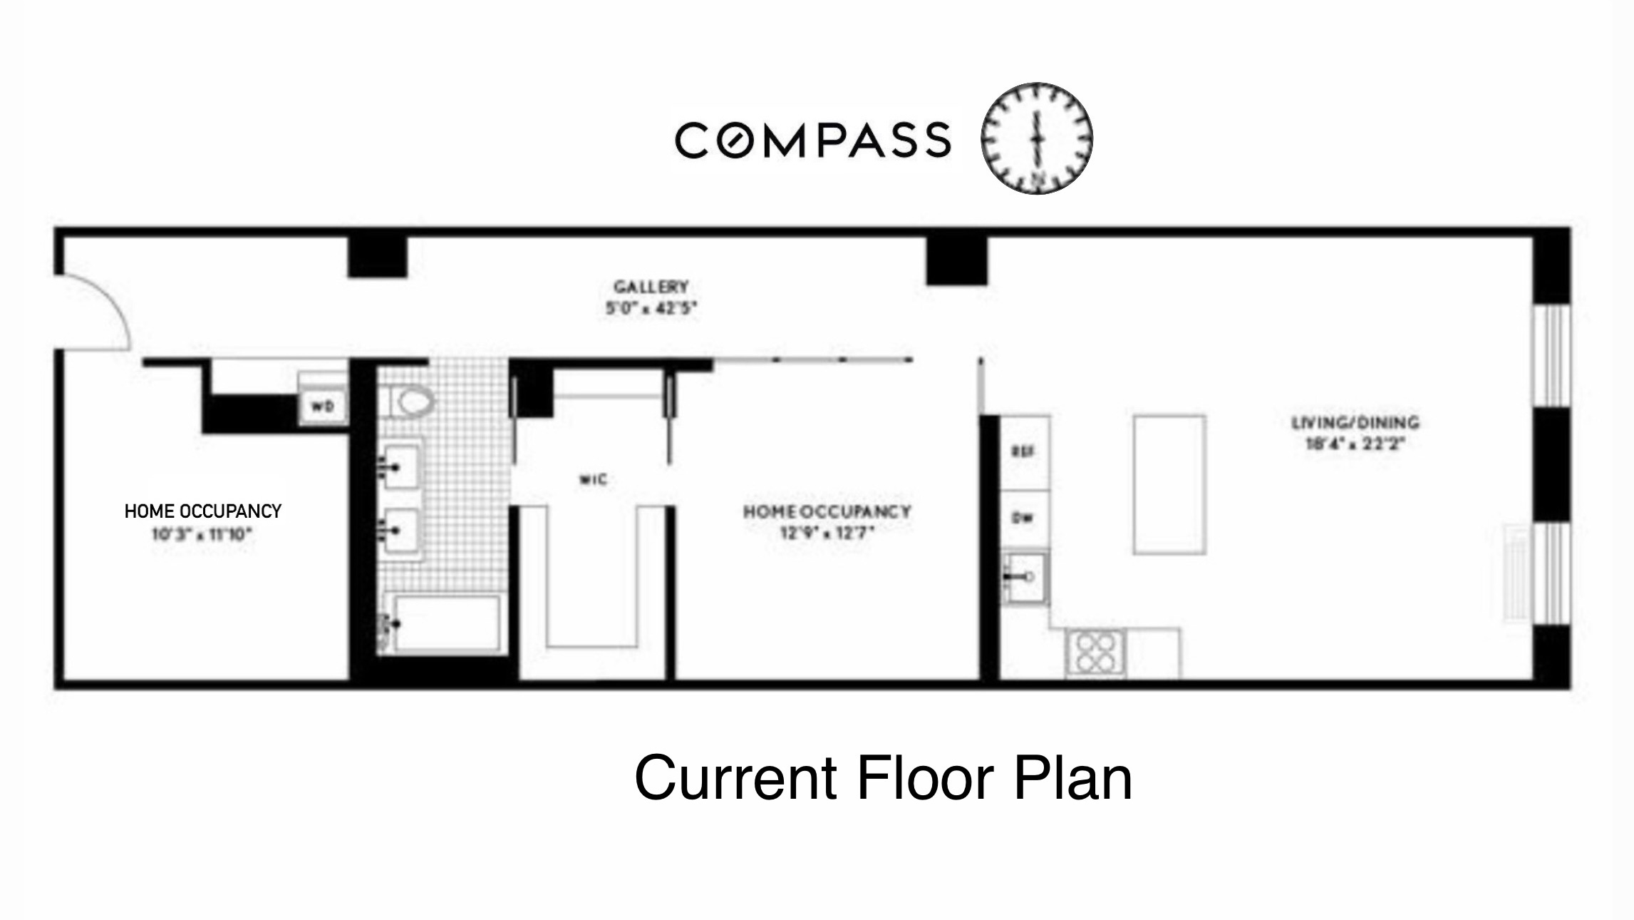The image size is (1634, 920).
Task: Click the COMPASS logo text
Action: pyautogui.click(x=812, y=140)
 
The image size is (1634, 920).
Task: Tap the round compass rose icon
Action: pyautogui.click(x=1036, y=138)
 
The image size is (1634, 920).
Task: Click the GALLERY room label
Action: pyautogui.click(x=651, y=287)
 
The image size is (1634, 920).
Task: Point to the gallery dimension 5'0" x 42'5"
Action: pyautogui.click(x=651, y=308)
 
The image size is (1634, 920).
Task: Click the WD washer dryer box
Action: pyautogui.click(x=323, y=407)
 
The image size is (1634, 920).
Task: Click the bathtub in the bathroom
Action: pyautogui.click(x=445, y=623)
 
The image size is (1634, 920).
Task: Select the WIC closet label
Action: pyautogui.click(x=593, y=479)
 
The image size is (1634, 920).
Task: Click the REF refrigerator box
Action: pyautogui.click(x=1023, y=451)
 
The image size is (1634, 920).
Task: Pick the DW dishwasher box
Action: pyautogui.click(x=1023, y=518)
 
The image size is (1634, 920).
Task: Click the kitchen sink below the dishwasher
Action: pyautogui.click(x=1025, y=577)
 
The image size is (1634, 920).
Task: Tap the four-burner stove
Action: pyautogui.click(x=1096, y=653)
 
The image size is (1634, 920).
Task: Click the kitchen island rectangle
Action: pyautogui.click(x=1169, y=484)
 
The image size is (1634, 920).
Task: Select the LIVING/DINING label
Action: pyautogui.click(x=1355, y=422)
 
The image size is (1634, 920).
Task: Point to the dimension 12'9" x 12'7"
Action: pyautogui.click(x=827, y=533)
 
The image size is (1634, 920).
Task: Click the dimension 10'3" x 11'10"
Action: pyautogui.click(x=202, y=534)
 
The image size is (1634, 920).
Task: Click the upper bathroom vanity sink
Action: pyautogui.click(x=400, y=466)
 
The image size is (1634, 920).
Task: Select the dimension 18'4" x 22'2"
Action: pyautogui.click(x=1354, y=444)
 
